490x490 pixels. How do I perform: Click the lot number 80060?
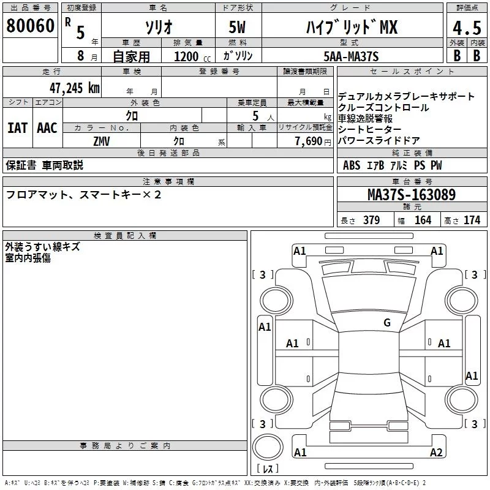coord(30,26)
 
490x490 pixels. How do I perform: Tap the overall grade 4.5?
coord(467,28)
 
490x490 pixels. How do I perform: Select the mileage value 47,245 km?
coord(75,88)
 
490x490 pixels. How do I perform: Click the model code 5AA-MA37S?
coord(351,56)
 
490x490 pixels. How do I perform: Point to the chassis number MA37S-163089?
coord(412,195)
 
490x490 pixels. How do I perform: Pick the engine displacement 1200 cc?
coord(192,56)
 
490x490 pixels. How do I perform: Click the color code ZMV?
coord(102,141)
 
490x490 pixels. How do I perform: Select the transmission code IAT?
coord(17,128)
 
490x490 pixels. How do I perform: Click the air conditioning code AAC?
coord(47,128)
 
